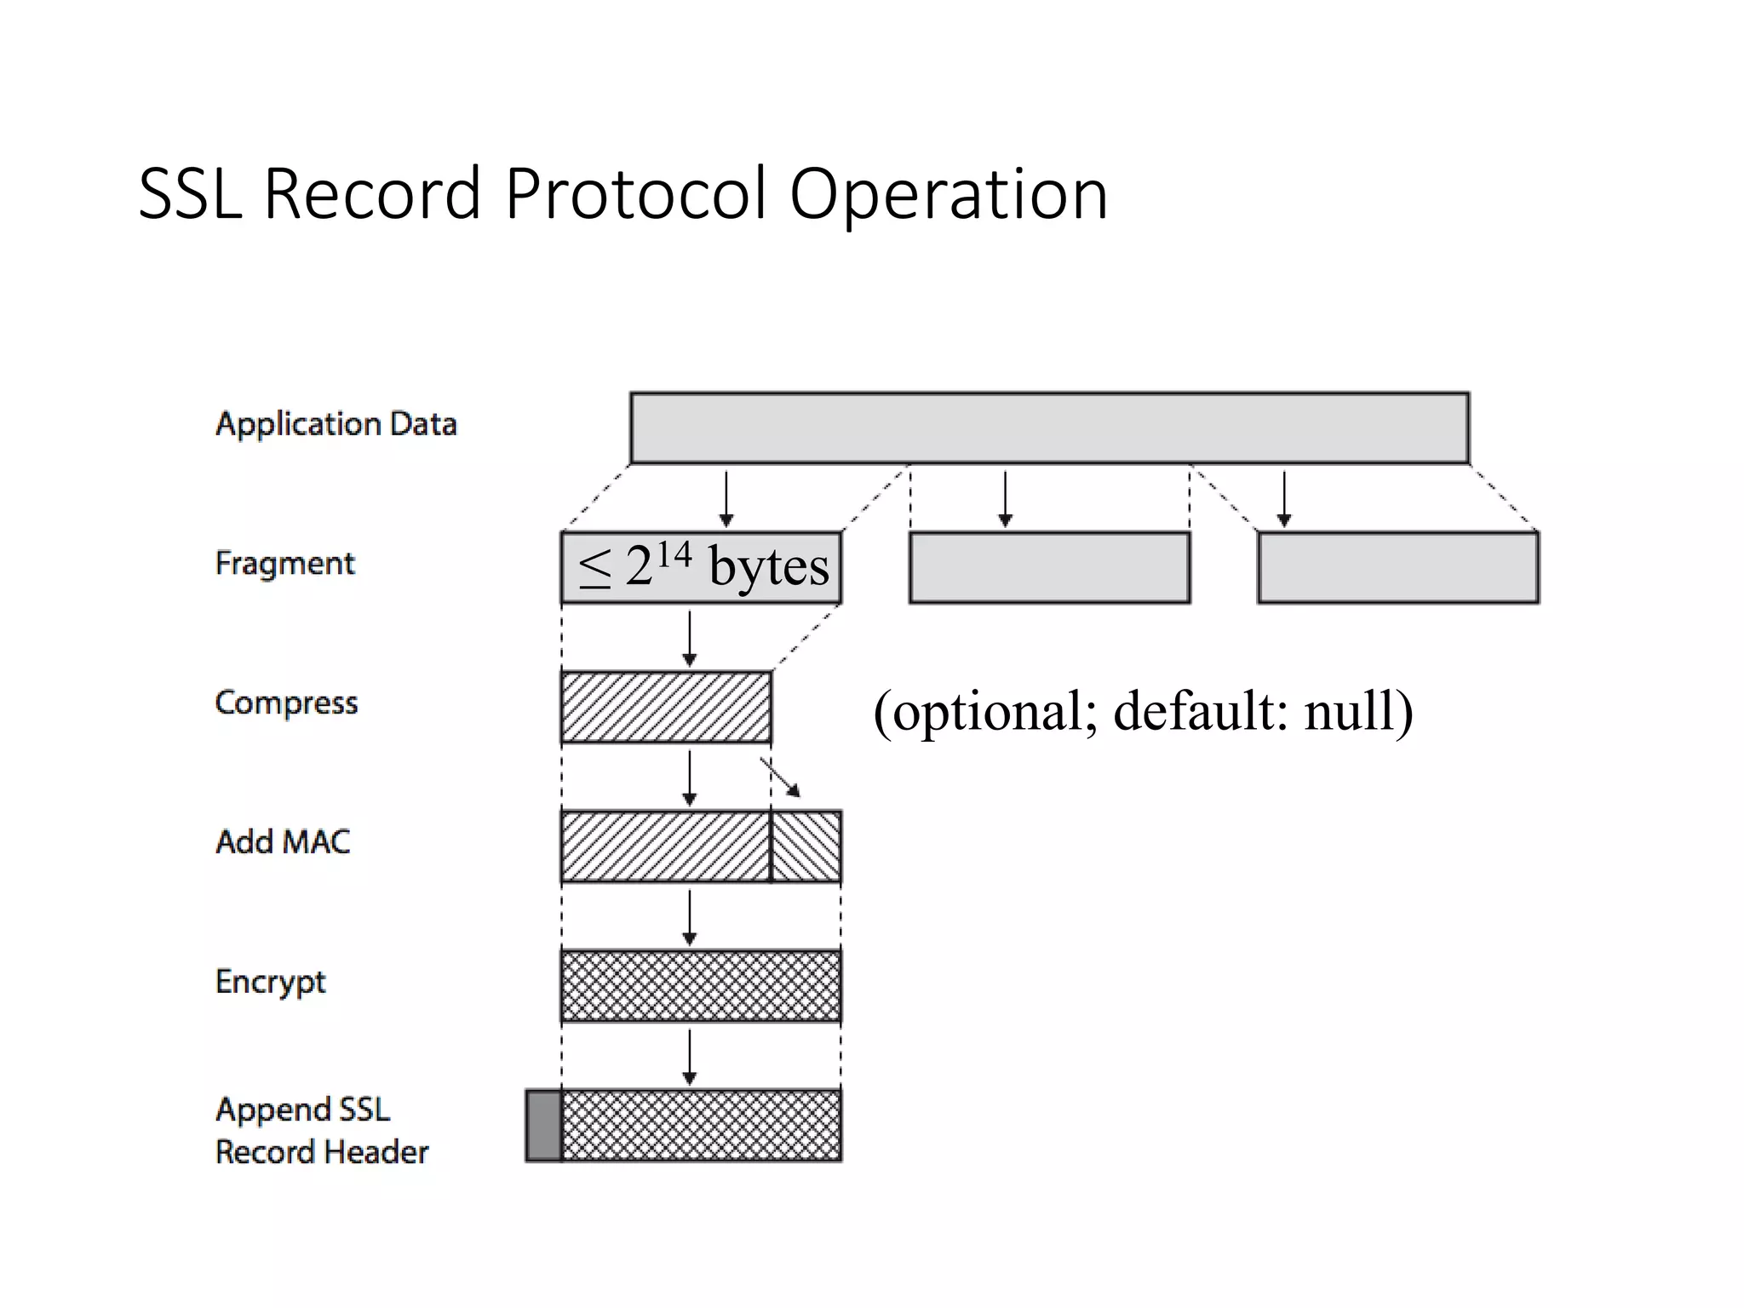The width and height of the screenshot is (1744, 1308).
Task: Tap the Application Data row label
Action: pos(336,424)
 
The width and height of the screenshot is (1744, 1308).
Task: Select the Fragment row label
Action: pos(284,564)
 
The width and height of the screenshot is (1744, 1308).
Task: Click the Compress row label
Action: pos(286,703)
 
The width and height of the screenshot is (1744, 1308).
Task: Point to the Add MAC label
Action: pos(283,842)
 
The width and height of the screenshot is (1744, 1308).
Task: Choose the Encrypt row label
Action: pos(271,982)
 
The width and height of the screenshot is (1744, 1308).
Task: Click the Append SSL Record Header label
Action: pos(322,1131)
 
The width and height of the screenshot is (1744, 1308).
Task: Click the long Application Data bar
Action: pos(1049,427)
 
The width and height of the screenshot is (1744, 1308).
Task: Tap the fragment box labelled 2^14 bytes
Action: pos(701,568)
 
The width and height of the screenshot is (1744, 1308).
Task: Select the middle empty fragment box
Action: pos(1049,568)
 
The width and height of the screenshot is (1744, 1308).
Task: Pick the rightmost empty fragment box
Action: pos(1397,568)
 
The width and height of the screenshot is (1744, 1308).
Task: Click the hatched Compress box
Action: pos(666,707)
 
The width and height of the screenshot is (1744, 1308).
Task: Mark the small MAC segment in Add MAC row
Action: pos(806,846)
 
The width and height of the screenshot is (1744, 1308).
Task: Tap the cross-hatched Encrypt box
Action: pos(701,986)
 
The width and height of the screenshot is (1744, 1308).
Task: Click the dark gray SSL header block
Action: pos(543,1126)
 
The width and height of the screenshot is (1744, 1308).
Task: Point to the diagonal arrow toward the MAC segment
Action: pos(781,777)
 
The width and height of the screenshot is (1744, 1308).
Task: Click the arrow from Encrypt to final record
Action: pos(690,1056)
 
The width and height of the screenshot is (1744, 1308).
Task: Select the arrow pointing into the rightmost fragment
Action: pos(1284,498)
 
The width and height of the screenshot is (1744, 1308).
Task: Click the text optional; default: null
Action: pos(1143,711)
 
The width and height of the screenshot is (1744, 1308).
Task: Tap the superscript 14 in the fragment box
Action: pos(674,554)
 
